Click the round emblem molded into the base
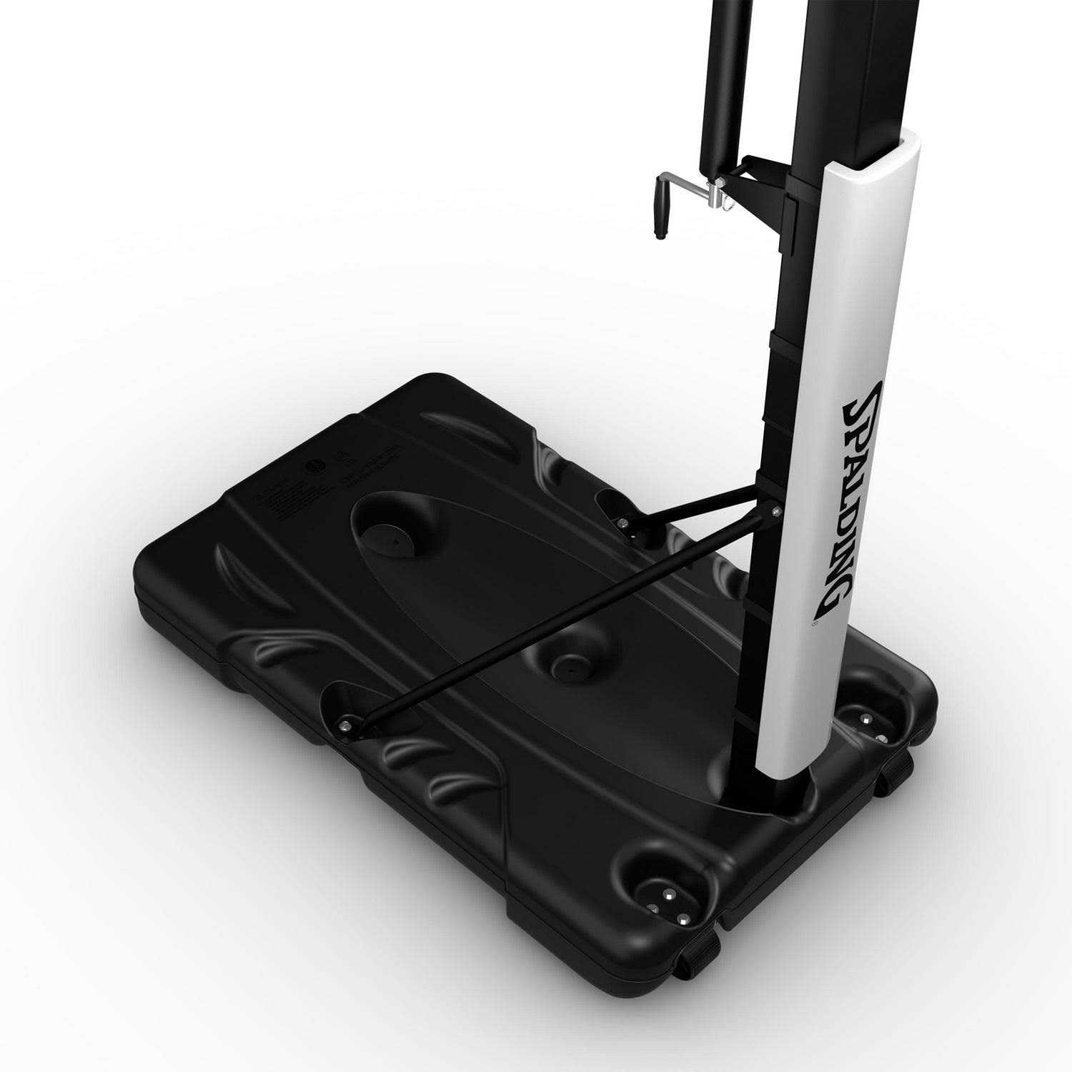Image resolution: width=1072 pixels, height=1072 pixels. [312, 464]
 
